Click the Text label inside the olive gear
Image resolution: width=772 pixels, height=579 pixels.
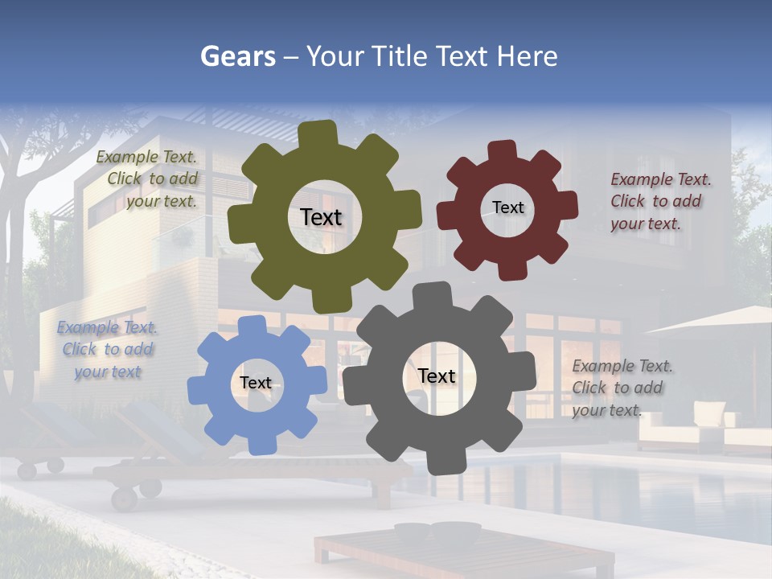[321, 217]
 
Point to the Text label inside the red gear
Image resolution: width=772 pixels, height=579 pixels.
[507, 207]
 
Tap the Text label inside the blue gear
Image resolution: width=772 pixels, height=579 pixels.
[255, 383]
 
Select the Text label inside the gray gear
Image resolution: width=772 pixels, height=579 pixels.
[437, 376]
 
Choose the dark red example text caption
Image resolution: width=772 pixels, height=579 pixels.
[659, 202]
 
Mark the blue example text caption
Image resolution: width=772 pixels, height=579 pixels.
[108, 350]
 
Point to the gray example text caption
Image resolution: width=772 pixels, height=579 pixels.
[620, 388]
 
